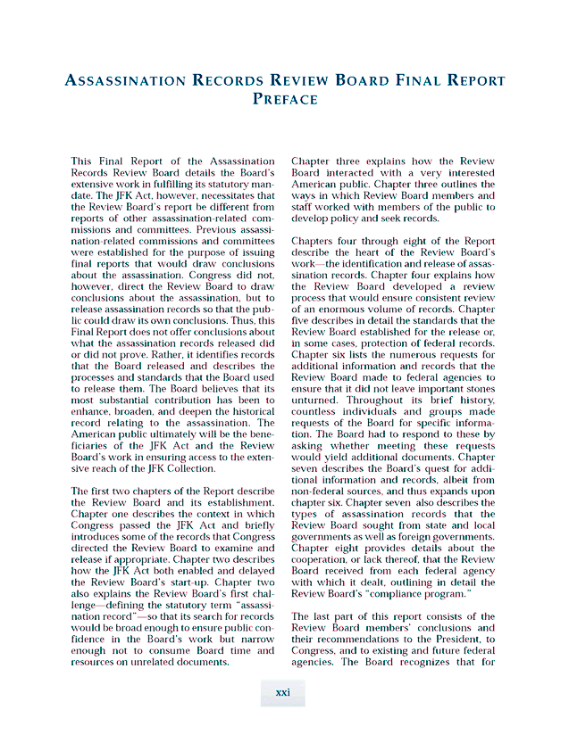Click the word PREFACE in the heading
coord(285,99)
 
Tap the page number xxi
coord(282,693)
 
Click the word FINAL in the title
coord(423,80)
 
